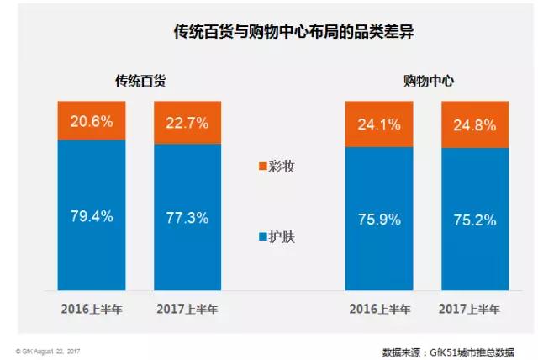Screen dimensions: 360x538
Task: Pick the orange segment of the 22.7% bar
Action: tap(187, 135)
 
